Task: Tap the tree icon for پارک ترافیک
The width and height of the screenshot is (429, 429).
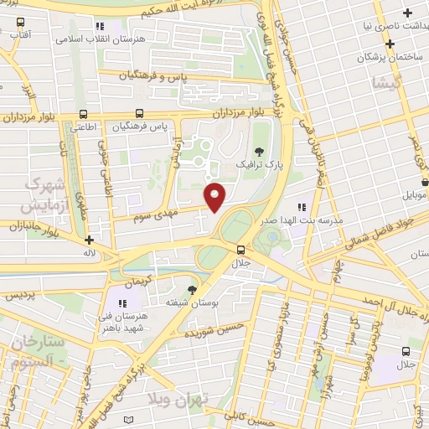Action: (258, 152)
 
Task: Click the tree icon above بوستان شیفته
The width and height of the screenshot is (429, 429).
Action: (192, 289)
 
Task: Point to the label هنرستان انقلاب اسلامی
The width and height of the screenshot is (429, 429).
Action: (101, 39)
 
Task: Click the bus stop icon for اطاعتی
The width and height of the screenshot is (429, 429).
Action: (81, 114)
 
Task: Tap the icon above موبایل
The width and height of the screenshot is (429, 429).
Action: (425, 180)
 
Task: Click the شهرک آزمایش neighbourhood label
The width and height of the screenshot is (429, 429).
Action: (35, 193)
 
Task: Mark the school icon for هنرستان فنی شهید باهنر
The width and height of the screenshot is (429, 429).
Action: (121, 303)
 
